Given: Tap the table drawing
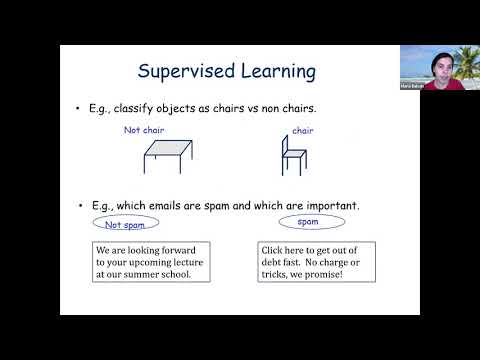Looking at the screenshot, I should (169, 152).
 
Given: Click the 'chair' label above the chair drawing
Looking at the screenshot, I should (303, 131).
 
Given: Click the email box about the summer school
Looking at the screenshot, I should (150, 260).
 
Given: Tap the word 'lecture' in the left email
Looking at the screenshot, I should (186, 260).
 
